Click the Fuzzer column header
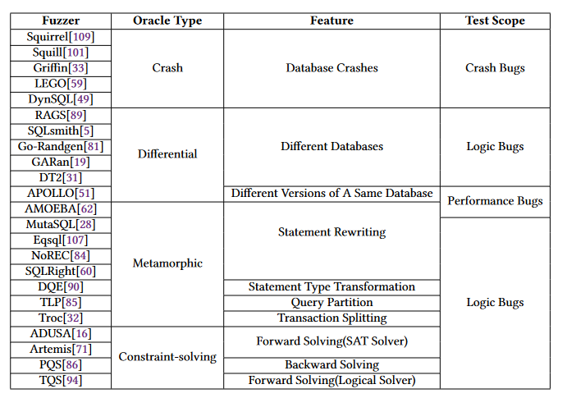pos(61,21)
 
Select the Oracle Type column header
pos(167,21)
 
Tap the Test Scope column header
pos(495,21)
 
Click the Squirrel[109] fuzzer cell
pos(61,37)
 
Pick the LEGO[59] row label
pos(61,84)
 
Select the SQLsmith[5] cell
pos(61,131)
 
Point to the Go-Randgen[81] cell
pos(61,147)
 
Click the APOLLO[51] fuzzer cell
pos(61,194)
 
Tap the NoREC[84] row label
pos(61,255)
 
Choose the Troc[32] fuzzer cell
pos(61,318)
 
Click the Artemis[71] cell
pos(61,349)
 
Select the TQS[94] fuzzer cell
pos(61,380)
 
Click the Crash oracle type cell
pos(167,68)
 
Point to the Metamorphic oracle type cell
pos(167,263)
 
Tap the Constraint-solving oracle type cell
pos(167,357)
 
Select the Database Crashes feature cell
pos(332,68)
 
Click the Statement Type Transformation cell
pos(332,286)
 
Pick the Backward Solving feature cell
pos(332,364)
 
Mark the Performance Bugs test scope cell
pos(495,201)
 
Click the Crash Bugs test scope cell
pos(495,68)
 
